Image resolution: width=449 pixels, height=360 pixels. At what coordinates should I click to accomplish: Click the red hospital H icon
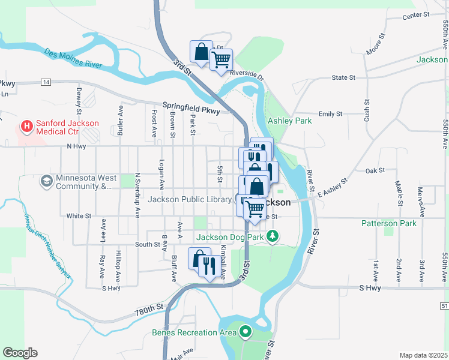click(x=26, y=126)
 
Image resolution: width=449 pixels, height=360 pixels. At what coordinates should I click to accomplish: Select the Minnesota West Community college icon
click(x=46, y=180)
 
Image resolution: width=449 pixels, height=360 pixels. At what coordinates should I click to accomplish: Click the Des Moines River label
click(x=73, y=58)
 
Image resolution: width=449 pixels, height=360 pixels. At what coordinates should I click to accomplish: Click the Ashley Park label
click(x=289, y=121)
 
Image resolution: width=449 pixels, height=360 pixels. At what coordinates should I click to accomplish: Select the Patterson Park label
click(x=388, y=223)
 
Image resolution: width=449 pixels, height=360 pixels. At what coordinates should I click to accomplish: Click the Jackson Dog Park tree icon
click(x=273, y=236)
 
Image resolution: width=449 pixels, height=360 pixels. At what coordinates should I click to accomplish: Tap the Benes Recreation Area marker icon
click(x=245, y=331)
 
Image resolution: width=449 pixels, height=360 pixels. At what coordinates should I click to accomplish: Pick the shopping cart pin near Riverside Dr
click(x=221, y=61)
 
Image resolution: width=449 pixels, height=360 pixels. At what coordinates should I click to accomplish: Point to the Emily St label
click(x=330, y=113)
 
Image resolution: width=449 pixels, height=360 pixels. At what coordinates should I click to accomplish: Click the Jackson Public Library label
click(x=190, y=200)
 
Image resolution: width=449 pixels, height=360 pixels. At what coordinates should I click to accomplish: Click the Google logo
click(x=20, y=353)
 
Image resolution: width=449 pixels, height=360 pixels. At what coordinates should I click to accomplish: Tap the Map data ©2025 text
click(x=423, y=355)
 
